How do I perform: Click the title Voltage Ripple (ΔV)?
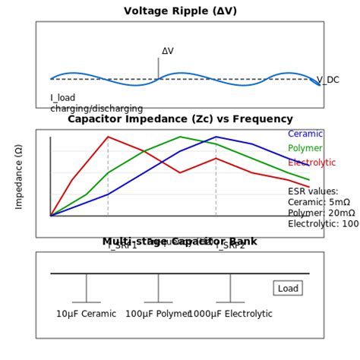click(x=180, y=11)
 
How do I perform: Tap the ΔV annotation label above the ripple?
click(x=168, y=52)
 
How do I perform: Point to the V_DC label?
click(x=328, y=80)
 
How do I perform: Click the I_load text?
click(x=63, y=98)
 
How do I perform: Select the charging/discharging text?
click(x=96, y=109)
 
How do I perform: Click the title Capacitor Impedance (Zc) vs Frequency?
click(x=180, y=119)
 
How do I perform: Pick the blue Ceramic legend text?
click(x=305, y=134)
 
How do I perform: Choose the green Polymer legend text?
click(x=305, y=148)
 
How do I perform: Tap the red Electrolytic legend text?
click(x=311, y=163)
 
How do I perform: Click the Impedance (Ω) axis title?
click(x=19, y=176)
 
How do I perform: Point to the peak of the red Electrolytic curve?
click(x=108, y=137)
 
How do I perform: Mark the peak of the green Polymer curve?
click(x=180, y=137)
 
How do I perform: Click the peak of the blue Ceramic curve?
click(x=216, y=137)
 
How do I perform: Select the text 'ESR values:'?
click(x=313, y=191)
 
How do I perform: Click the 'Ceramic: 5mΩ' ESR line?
click(x=319, y=202)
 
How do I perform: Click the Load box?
click(x=288, y=289)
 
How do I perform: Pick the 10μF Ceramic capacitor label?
click(x=86, y=314)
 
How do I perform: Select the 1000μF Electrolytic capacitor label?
click(x=230, y=314)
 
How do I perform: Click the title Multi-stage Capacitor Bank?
click(x=180, y=242)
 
